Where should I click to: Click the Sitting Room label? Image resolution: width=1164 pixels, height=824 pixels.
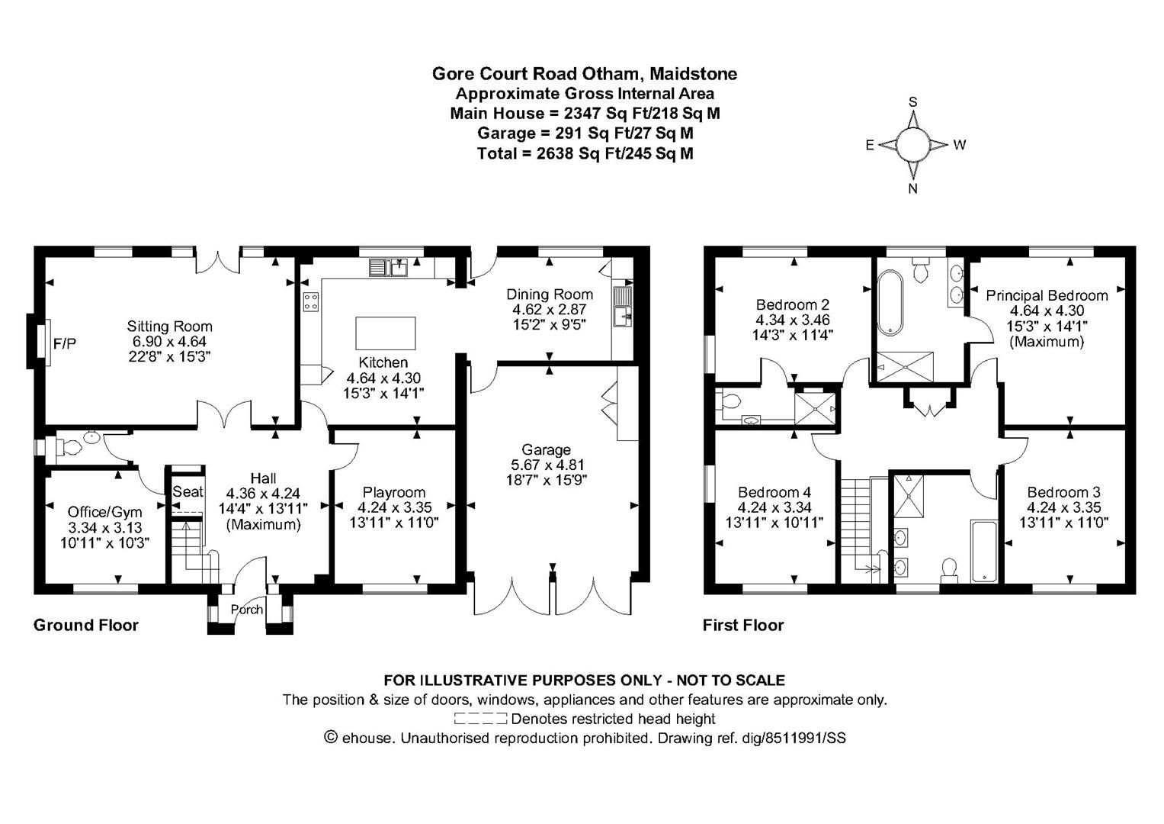coord(169,327)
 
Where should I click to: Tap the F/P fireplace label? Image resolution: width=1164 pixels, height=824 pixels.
coord(65,344)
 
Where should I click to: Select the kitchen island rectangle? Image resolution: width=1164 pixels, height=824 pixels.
coord(386,333)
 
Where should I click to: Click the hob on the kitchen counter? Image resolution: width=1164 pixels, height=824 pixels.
coord(311,301)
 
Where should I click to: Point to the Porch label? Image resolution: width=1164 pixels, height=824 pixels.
coord(246,610)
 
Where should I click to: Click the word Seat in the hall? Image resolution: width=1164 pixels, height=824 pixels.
coord(188,492)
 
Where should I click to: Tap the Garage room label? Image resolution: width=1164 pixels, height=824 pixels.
coord(546,449)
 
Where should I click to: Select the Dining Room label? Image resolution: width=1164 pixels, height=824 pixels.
coord(550,295)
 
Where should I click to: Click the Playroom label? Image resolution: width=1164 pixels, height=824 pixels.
coord(394,492)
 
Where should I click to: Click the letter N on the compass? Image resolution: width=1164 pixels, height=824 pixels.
coord(912,189)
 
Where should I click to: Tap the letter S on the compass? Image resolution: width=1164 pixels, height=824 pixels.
coord(912,102)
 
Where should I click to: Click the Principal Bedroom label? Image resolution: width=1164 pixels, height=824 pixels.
coord(1047,295)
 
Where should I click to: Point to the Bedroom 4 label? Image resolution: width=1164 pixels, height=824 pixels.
coord(774,492)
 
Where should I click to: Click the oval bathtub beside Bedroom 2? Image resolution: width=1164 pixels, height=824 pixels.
coord(889,304)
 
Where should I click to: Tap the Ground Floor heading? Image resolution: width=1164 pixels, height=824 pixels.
coord(86,626)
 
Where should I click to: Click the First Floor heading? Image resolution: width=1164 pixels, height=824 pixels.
coord(742,626)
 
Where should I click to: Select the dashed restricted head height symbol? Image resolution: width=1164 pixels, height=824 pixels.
coord(479,719)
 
